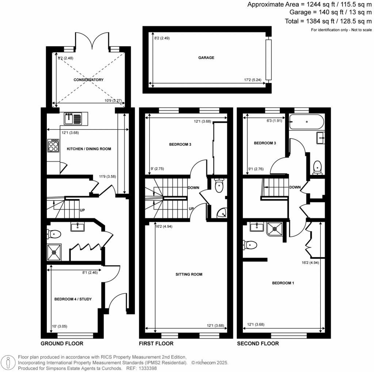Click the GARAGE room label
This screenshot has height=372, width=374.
[206, 58]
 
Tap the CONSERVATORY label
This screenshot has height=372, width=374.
[88, 80]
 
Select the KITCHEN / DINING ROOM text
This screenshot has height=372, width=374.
[89, 149]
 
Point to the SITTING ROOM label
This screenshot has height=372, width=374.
[189, 274]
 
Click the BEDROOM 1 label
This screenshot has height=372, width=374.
[283, 283]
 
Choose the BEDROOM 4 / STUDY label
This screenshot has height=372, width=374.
[73, 299]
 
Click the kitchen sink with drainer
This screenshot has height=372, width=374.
[74, 118]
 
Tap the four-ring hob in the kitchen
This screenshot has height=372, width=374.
[53, 146]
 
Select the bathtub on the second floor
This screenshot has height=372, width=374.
[306, 122]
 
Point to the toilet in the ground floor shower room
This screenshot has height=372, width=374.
[54, 233]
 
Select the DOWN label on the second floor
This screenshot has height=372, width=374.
[295, 187]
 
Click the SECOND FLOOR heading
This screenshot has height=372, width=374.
[258, 343]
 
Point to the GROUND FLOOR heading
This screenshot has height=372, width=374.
[62, 343]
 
